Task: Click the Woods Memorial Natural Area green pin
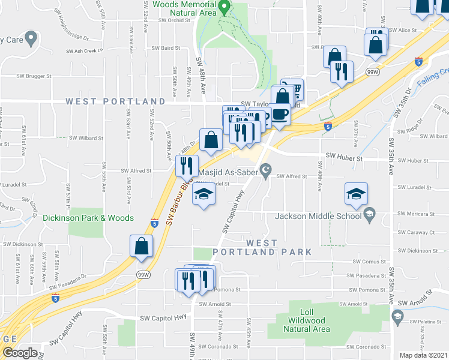click(x=224, y=8)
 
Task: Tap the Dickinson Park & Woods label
click(x=79, y=218)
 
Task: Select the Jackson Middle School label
click(x=318, y=216)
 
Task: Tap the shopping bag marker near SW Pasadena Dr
click(x=141, y=246)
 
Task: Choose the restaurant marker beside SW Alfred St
click(x=187, y=165)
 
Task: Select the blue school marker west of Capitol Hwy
click(x=204, y=194)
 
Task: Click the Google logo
click(x=20, y=353)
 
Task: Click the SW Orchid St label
click(x=174, y=20)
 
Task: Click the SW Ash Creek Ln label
click(x=83, y=50)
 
